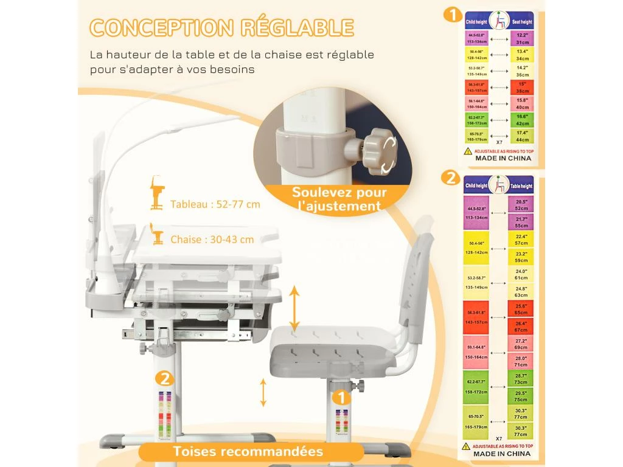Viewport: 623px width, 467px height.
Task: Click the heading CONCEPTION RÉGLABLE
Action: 221,28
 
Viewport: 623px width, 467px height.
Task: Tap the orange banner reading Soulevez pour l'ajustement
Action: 339,199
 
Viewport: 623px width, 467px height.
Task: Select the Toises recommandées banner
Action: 248,451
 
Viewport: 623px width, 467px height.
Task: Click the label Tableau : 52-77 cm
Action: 215,204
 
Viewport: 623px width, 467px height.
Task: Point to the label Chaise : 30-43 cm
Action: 212,240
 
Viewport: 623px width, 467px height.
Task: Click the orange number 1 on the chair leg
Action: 341,398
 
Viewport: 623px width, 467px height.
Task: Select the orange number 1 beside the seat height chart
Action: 452,14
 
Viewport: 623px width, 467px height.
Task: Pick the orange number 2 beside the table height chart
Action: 451,178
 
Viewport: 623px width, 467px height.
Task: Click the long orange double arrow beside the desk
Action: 294,309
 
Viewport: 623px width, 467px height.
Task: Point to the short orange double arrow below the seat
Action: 263,392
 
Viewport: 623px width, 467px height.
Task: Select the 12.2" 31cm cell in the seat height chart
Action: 521,38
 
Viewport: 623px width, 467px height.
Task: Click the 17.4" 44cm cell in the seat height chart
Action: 521,136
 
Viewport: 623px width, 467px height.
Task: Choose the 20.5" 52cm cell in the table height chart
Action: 521,204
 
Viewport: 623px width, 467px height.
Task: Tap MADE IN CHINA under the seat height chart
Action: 503,158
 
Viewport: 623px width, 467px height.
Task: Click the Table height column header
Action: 521,186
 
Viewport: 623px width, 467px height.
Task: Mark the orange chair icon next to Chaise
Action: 158,236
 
